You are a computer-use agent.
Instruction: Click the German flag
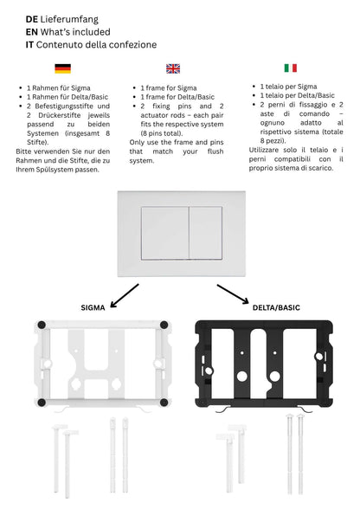pyautogui.click(x=62, y=68)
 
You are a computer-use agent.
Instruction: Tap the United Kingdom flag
pyautogui.click(x=173, y=68)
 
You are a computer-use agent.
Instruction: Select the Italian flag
pyautogui.click(x=290, y=68)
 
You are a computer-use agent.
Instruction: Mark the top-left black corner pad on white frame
pyautogui.click(x=39, y=326)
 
